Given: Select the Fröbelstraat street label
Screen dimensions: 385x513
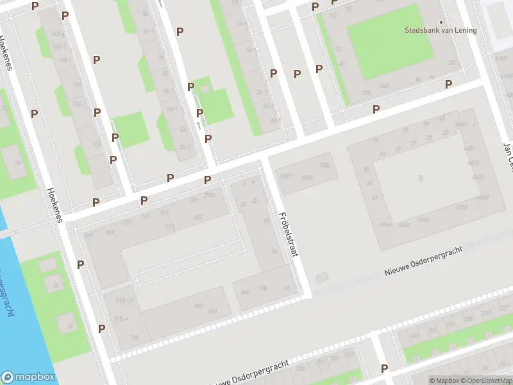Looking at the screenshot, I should coord(289,235).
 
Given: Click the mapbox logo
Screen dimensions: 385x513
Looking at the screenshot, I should coord(28,377).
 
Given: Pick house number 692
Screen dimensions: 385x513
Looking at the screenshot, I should coord(198,307).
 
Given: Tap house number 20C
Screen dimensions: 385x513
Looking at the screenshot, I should coord(367,92).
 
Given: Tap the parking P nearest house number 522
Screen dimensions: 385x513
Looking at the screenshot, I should coord(448,84).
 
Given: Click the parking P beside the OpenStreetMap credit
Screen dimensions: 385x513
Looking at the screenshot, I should coord(384,368).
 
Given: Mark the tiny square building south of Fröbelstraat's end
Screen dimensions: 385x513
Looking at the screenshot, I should coord(322,277).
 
